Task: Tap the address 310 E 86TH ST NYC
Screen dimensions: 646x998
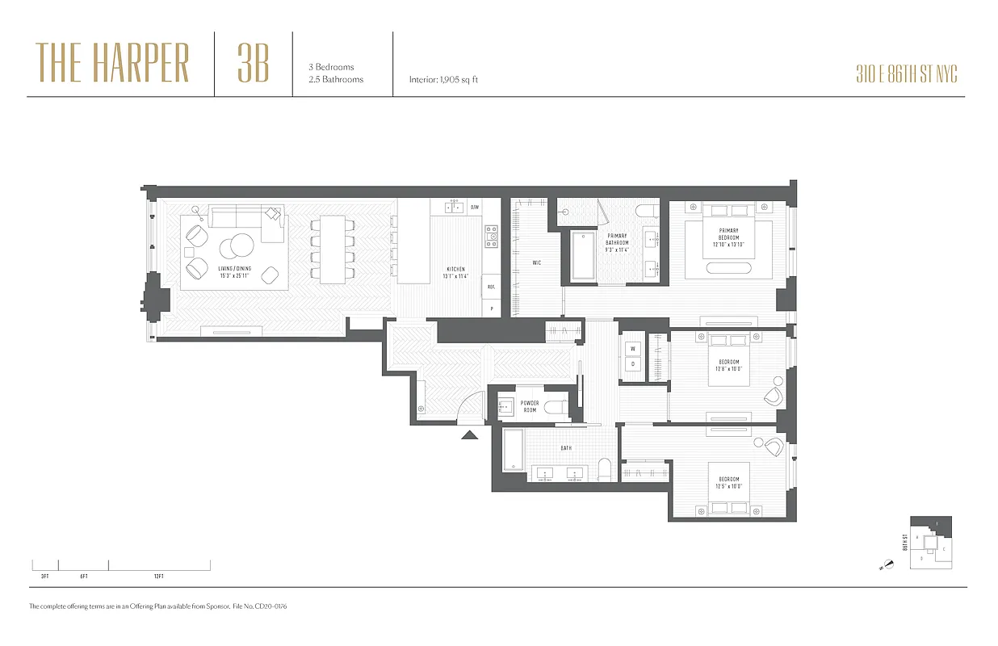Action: (x=907, y=75)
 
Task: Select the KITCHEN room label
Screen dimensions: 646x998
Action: (x=456, y=273)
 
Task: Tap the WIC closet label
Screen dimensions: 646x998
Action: (x=537, y=262)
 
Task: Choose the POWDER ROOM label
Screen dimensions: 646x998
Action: (x=530, y=406)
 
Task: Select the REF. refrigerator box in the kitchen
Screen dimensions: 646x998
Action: (x=490, y=287)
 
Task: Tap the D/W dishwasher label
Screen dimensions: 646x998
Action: (x=475, y=207)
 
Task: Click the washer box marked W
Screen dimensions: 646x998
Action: (x=632, y=349)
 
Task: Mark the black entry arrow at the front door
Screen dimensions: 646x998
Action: (x=469, y=435)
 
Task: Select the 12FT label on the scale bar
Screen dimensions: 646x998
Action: (x=158, y=577)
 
